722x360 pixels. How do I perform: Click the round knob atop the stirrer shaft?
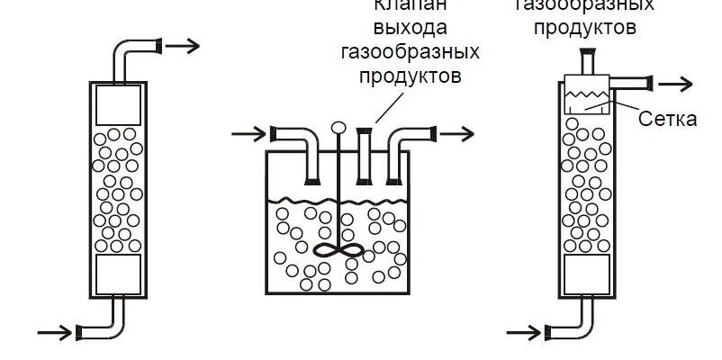click(x=339, y=129)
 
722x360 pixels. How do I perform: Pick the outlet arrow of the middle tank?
click(x=456, y=135)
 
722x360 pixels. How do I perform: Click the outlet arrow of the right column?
click(x=675, y=84)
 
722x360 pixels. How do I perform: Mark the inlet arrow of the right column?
click(x=535, y=332)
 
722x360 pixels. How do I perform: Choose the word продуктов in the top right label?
click(x=584, y=27)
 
